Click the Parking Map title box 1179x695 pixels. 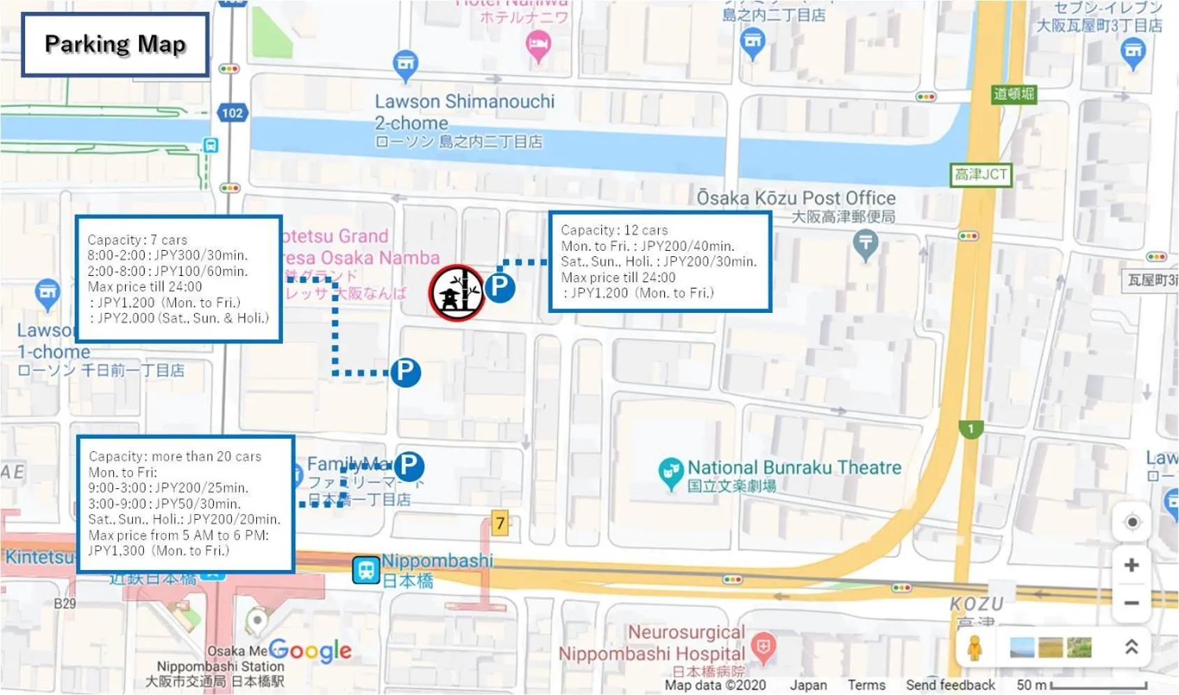pyautogui.click(x=115, y=45)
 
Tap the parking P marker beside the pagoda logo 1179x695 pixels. pyautogui.click(x=499, y=287)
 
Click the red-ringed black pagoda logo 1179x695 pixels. pyautogui.click(x=457, y=293)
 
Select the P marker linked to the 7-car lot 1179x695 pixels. pyautogui.click(x=405, y=372)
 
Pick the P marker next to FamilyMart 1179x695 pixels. pyautogui.click(x=409, y=465)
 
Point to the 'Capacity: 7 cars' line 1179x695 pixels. pyautogui.click(x=137, y=240)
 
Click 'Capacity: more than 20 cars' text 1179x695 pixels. pyautogui.click(x=175, y=456)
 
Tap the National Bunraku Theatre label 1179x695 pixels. pyautogui.click(x=794, y=467)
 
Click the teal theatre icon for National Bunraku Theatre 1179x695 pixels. pyautogui.click(x=670, y=472)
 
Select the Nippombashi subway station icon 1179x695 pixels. pyautogui.click(x=365, y=570)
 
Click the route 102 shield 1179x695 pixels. pyautogui.click(x=232, y=112)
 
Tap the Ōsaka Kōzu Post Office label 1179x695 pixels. pyautogui.click(x=796, y=198)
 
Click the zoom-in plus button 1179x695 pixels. pyautogui.click(x=1132, y=564)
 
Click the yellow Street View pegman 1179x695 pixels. pyautogui.click(x=975, y=648)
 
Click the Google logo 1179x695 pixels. pyautogui.click(x=311, y=651)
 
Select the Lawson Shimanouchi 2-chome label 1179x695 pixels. pyautogui.click(x=464, y=112)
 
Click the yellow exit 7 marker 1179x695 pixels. pyautogui.click(x=499, y=522)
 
